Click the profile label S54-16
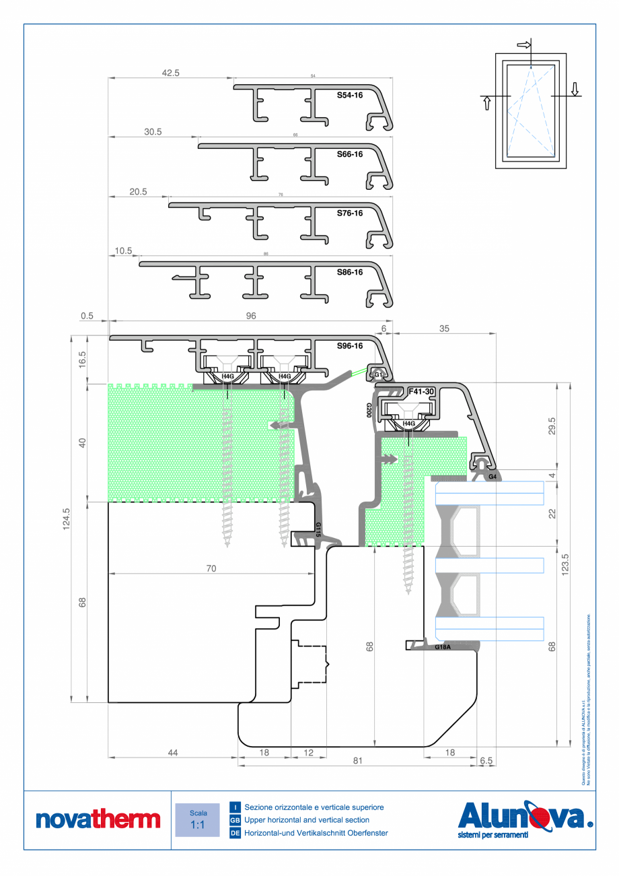pyautogui.click(x=350, y=96)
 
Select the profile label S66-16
pyautogui.click(x=350, y=154)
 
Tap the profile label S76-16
pyautogui.click(x=350, y=213)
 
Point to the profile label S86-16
pyautogui.click(x=350, y=272)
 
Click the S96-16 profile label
pyautogui.click(x=350, y=346)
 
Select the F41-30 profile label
pyautogui.click(x=421, y=391)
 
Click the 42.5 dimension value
pyautogui.click(x=170, y=73)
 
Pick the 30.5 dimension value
pyautogui.click(x=153, y=132)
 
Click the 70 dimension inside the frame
pyautogui.click(x=211, y=569)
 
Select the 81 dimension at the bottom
pyautogui.click(x=357, y=761)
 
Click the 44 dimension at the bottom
pyautogui.click(x=172, y=753)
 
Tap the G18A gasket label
pyautogui.click(x=442, y=647)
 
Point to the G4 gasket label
pyautogui.click(x=493, y=477)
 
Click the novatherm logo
pyautogui.click(x=98, y=819)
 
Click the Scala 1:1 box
pyautogui.click(x=198, y=819)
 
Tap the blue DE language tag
pyautogui.click(x=235, y=834)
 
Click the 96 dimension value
pyautogui.click(x=251, y=315)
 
